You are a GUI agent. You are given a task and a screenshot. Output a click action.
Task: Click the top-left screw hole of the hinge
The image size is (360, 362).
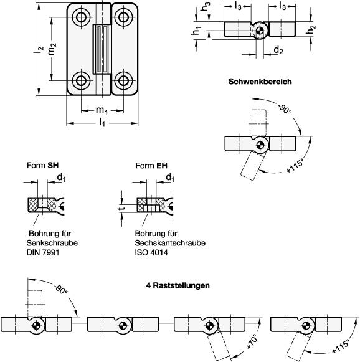click(x=82, y=17)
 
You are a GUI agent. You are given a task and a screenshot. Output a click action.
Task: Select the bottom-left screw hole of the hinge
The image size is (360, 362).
click(x=82, y=80)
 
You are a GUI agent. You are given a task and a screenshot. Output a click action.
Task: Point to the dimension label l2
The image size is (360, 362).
click(x=39, y=52)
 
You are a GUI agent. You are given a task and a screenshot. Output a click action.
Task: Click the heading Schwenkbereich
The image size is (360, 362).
click(x=260, y=82)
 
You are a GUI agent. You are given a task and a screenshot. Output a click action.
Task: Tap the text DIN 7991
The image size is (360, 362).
click(x=42, y=253)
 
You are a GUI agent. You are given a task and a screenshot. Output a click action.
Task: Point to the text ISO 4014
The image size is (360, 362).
click(x=153, y=253)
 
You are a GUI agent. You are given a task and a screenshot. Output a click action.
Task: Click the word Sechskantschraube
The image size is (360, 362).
click(x=170, y=243)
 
